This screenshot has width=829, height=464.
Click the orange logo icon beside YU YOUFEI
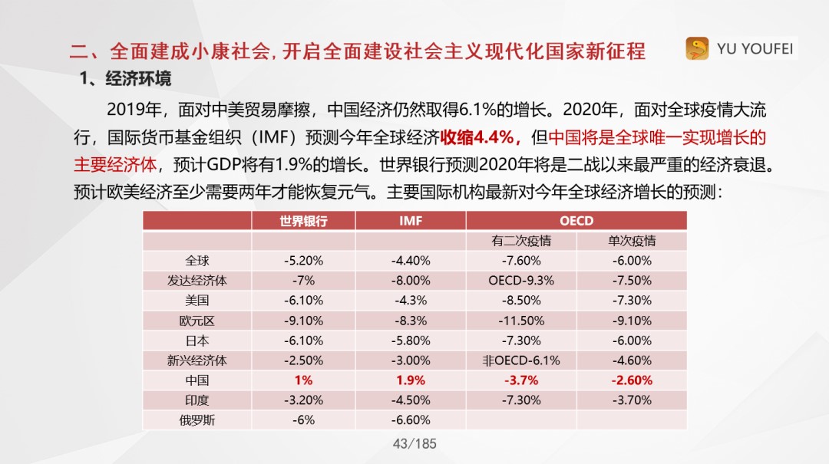(697, 49)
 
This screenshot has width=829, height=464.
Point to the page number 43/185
(414, 443)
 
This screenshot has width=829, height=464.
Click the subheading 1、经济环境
(127, 79)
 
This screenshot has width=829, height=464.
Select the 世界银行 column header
(303, 221)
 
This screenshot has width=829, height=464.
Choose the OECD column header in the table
(576, 221)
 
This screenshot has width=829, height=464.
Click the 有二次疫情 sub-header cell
(521, 241)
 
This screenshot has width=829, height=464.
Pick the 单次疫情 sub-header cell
(632, 241)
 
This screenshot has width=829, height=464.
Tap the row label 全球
(197, 261)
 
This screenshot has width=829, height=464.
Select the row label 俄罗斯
(197, 420)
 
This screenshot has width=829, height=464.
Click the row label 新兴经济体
(197, 360)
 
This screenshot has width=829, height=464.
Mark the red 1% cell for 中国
(303, 380)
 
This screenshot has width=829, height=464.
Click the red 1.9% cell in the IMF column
(411, 380)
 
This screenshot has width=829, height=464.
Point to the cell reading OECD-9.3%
(521, 281)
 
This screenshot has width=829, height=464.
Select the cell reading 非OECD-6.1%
(521, 360)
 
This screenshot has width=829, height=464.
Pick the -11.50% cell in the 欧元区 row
(521, 321)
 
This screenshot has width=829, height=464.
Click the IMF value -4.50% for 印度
(411, 400)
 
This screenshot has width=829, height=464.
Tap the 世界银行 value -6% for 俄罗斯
(303, 420)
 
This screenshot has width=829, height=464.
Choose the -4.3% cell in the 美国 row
(411, 301)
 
